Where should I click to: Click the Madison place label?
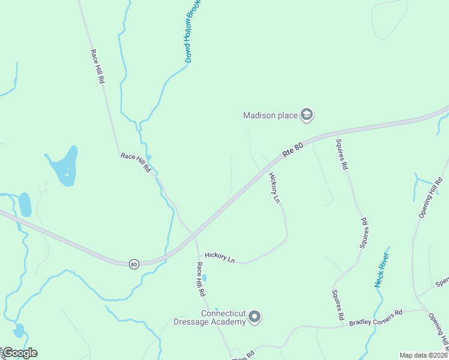(x=270, y=115)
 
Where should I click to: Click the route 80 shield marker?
(x=133, y=263)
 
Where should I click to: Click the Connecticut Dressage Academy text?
(x=223, y=318)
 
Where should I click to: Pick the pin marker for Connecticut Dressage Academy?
(x=255, y=316)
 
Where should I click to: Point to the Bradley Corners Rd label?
(x=376, y=318)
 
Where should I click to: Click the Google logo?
(x=19, y=353)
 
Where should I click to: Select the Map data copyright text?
(x=423, y=355)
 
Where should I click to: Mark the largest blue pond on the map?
(x=63, y=166)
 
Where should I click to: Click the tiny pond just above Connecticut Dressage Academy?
(x=205, y=278)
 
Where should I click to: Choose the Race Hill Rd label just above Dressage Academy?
(x=202, y=279)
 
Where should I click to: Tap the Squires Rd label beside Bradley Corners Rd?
(x=337, y=304)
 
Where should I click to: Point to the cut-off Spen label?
(x=442, y=281)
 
